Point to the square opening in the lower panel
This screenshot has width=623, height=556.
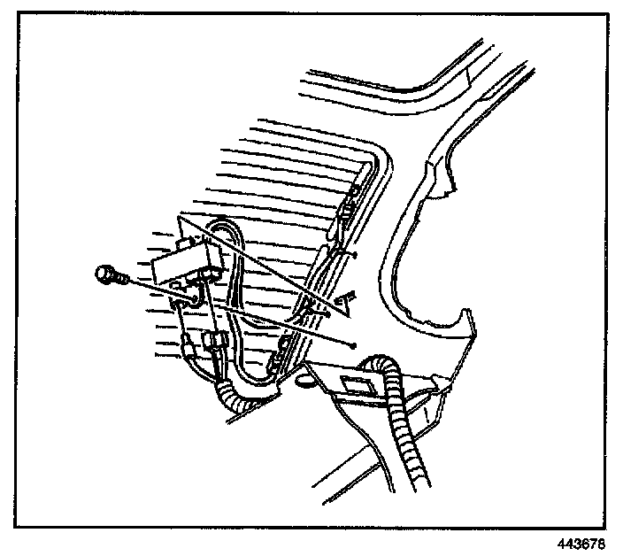coord(357,383)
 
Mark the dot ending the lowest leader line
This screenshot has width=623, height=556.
coord(352,344)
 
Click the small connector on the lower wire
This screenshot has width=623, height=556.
coord(212,342)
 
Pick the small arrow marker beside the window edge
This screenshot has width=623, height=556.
coord(347,302)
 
